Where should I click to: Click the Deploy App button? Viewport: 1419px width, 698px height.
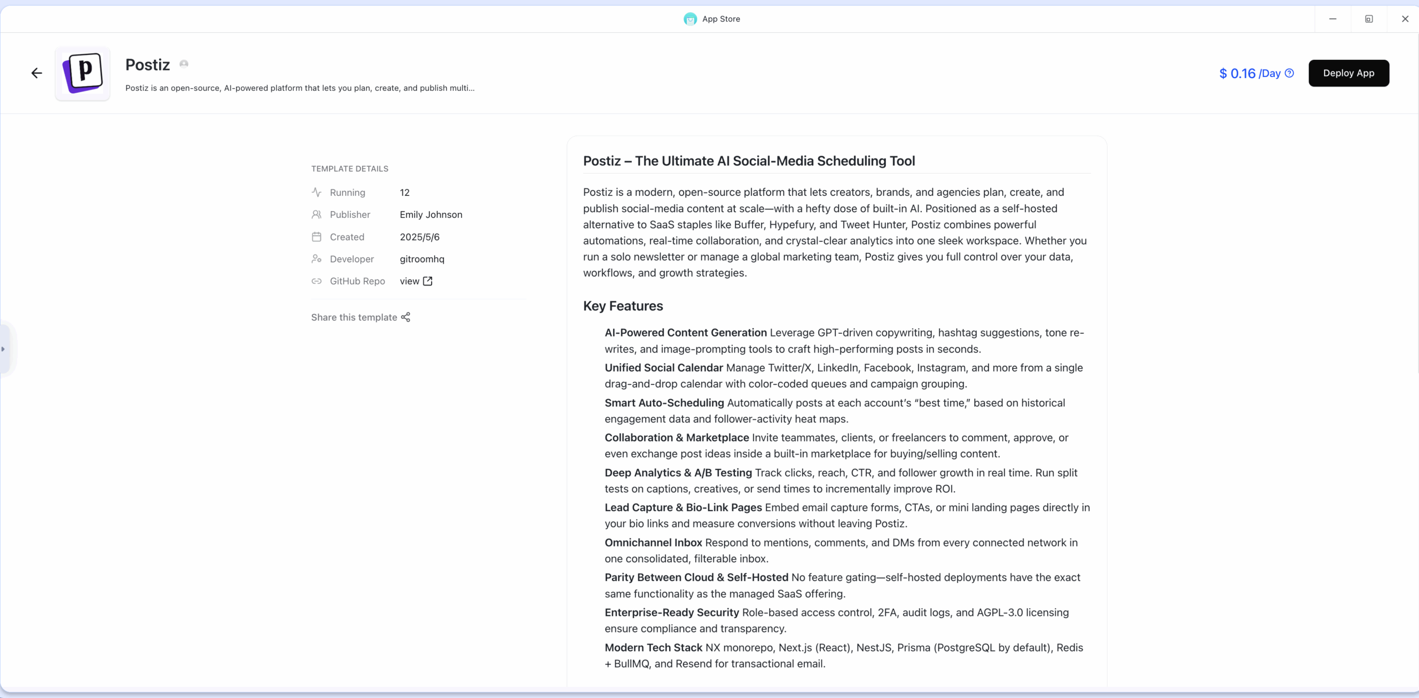(x=1348, y=73)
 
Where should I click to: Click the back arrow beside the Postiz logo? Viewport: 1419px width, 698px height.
(x=37, y=73)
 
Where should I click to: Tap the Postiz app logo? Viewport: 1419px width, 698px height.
(x=83, y=73)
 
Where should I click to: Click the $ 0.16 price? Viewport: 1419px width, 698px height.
(x=1237, y=74)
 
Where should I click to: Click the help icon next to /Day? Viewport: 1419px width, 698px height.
(x=1289, y=73)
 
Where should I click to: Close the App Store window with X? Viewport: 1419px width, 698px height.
(x=1405, y=19)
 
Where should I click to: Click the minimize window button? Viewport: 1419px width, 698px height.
(x=1333, y=19)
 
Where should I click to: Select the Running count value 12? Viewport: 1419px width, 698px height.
(x=405, y=192)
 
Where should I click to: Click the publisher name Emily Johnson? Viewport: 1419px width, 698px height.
(x=431, y=215)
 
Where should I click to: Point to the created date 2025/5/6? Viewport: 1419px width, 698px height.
(x=420, y=237)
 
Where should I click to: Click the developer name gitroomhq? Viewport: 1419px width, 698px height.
(x=422, y=259)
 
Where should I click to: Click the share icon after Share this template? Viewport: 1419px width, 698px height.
(x=406, y=317)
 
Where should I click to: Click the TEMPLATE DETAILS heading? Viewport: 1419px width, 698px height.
(x=349, y=169)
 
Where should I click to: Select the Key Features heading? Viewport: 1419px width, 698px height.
(x=622, y=306)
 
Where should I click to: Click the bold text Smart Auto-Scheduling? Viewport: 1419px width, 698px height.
(x=664, y=403)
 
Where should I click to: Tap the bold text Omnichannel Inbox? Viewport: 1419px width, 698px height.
(x=653, y=543)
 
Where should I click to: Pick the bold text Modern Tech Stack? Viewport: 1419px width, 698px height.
(x=653, y=648)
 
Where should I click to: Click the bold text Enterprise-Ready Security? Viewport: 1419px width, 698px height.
(x=671, y=613)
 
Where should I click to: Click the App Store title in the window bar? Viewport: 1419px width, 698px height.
(x=721, y=19)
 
